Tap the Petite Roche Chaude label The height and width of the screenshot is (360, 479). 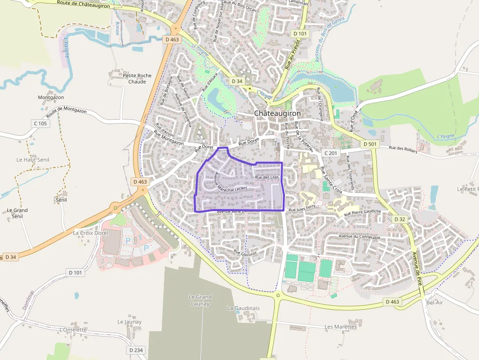[x=137, y=79]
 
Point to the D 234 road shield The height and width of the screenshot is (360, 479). [x=136, y=350]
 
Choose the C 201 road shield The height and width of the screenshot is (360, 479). [x=331, y=153]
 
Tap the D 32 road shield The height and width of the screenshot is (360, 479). [x=399, y=219]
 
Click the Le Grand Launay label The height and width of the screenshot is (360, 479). [x=200, y=300]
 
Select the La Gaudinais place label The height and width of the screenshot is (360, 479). [x=243, y=308]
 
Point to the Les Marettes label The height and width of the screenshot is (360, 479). [x=340, y=327]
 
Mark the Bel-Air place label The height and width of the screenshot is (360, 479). [x=434, y=303]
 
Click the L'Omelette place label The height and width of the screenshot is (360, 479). [x=72, y=329]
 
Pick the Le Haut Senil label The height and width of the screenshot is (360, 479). [x=33, y=160]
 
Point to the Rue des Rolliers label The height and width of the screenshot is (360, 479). [x=403, y=149]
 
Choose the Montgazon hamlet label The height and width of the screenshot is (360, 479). [x=51, y=97]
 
